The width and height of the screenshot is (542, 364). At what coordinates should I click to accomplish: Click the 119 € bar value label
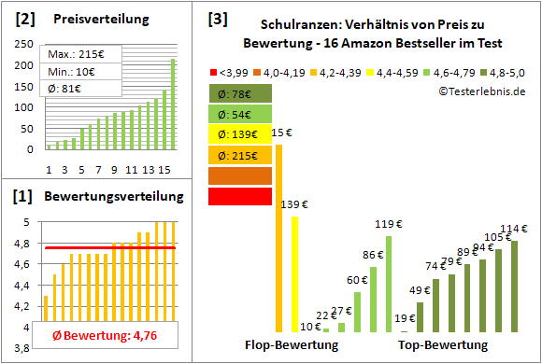[383, 225]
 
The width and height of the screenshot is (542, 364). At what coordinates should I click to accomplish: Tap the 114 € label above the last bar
[513, 230]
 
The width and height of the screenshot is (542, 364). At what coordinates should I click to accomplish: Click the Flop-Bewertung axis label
[292, 344]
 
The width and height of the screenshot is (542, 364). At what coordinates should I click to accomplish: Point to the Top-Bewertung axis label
[442, 344]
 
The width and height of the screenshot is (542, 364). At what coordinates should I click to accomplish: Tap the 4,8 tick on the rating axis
[24, 244]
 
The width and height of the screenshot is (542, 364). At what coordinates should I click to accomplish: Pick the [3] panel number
[217, 18]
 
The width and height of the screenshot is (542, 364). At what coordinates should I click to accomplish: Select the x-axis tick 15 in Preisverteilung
[164, 169]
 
